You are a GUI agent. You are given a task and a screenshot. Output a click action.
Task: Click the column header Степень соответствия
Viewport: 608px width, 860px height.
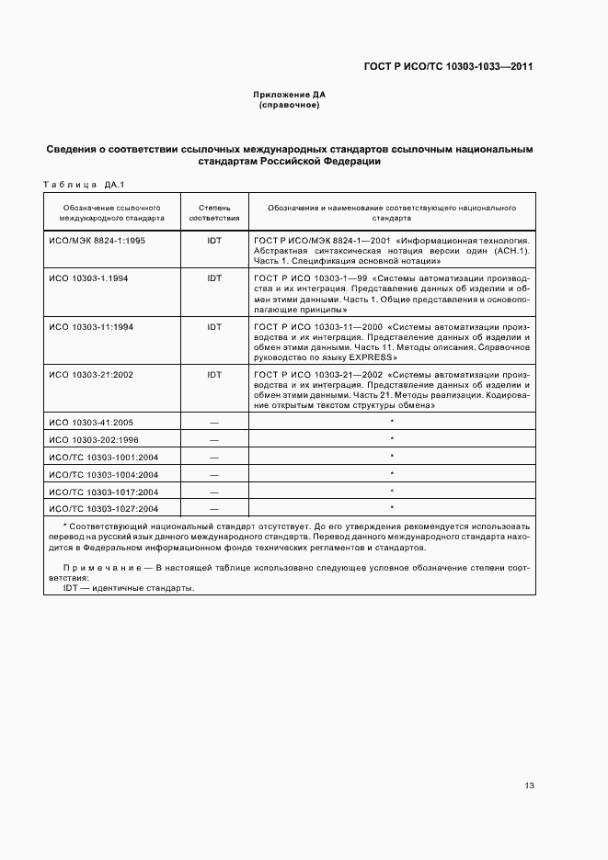[214, 214]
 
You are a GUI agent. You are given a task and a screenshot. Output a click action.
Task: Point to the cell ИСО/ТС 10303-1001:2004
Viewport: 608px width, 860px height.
[103, 457]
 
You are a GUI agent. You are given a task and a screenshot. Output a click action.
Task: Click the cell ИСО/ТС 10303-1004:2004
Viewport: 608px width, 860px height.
[103, 474]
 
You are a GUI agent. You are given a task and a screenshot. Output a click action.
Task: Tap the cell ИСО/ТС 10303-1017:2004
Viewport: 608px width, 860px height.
[103, 492]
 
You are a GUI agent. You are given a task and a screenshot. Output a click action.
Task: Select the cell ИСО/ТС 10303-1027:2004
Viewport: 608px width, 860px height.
[103, 508]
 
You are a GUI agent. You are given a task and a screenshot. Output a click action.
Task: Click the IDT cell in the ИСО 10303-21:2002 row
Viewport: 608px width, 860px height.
[214, 375]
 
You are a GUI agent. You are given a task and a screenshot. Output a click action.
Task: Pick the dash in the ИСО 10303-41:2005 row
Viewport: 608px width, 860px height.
[214, 422]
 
